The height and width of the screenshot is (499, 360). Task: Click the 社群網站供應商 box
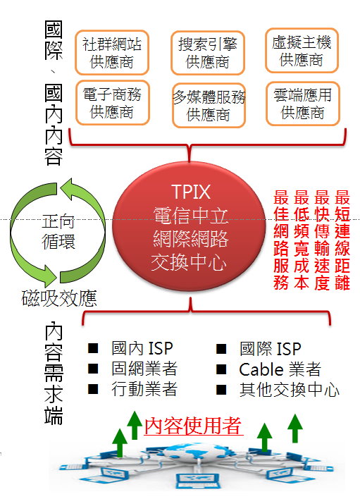tap(112, 53)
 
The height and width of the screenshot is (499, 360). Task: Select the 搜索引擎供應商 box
tap(208, 53)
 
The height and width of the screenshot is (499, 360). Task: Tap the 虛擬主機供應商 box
tap(302, 50)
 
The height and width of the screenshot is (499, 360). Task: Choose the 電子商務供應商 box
tap(112, 102)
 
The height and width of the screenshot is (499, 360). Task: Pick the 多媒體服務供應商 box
tap(209, 105)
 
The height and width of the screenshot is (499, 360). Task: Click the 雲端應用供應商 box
tap(303, 104)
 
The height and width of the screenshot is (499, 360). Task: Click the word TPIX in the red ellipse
tap(191, 192)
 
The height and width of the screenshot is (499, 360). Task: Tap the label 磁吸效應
tap(59, 298)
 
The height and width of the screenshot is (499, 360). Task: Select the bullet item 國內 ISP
tap(142, 348)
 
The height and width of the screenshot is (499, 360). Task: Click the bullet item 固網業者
tap(144, 369)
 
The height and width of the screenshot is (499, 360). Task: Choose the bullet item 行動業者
tap(144, 389)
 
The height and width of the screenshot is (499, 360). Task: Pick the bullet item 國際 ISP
tap(271, 349)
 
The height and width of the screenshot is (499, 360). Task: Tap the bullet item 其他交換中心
tap(290, 390)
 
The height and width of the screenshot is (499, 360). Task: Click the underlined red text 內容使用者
tap(193, 426)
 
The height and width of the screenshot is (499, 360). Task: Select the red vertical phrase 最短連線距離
tap(342, 240)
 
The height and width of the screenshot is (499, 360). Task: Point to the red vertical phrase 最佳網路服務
tap(281, 240)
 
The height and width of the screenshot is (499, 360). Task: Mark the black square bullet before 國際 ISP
tap(221, 349)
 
